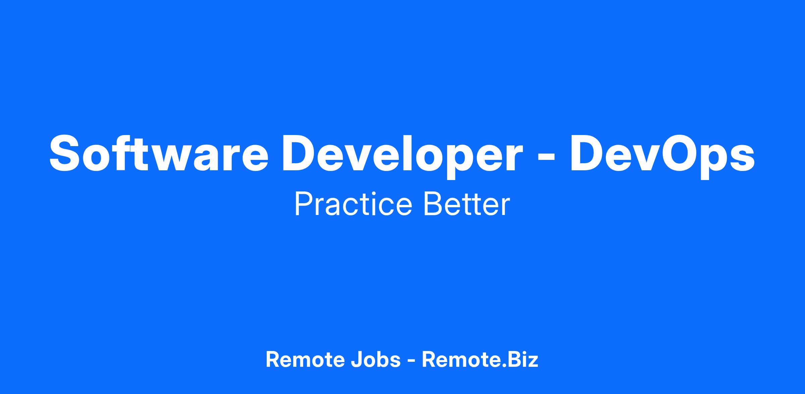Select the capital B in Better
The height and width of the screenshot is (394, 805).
pos(434,204)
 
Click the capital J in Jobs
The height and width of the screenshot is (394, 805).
pos(356,360)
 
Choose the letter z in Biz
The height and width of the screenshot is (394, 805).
pos(533,362)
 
